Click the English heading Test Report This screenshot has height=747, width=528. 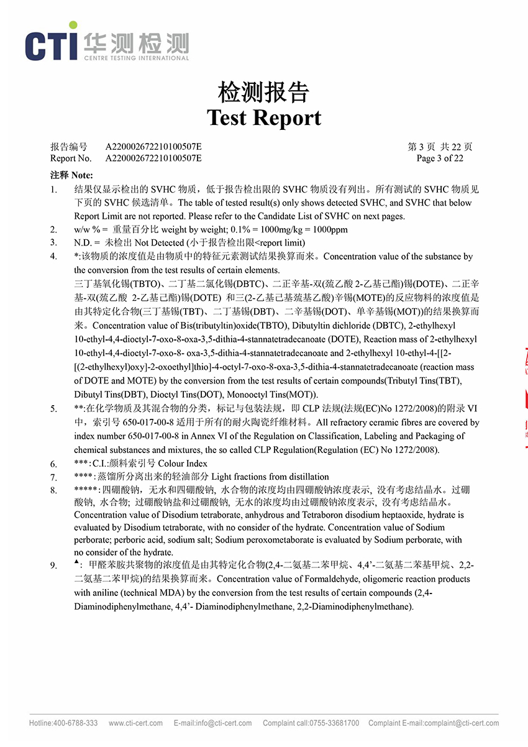pyautogui.click(x=264, y=117)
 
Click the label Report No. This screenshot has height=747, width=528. pyautogui.click(x=71, y=158)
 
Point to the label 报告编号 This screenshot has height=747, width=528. pyautogui.click(x=69, y=147)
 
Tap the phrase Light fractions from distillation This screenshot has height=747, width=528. pyautogui.click(x=271, y=477)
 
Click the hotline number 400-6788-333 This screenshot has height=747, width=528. pyautogui.click(x=75, y=723)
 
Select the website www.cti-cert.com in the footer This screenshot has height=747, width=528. pyautogui.click(x=135, y=723)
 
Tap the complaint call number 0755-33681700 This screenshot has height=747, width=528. pyautogui.click(x=336, y=723)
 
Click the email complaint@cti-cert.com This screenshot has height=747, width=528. pyautogui.click(x=460, y=723)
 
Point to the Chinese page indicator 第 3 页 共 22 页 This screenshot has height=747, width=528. pyautogui.click(x=440, y=147)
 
